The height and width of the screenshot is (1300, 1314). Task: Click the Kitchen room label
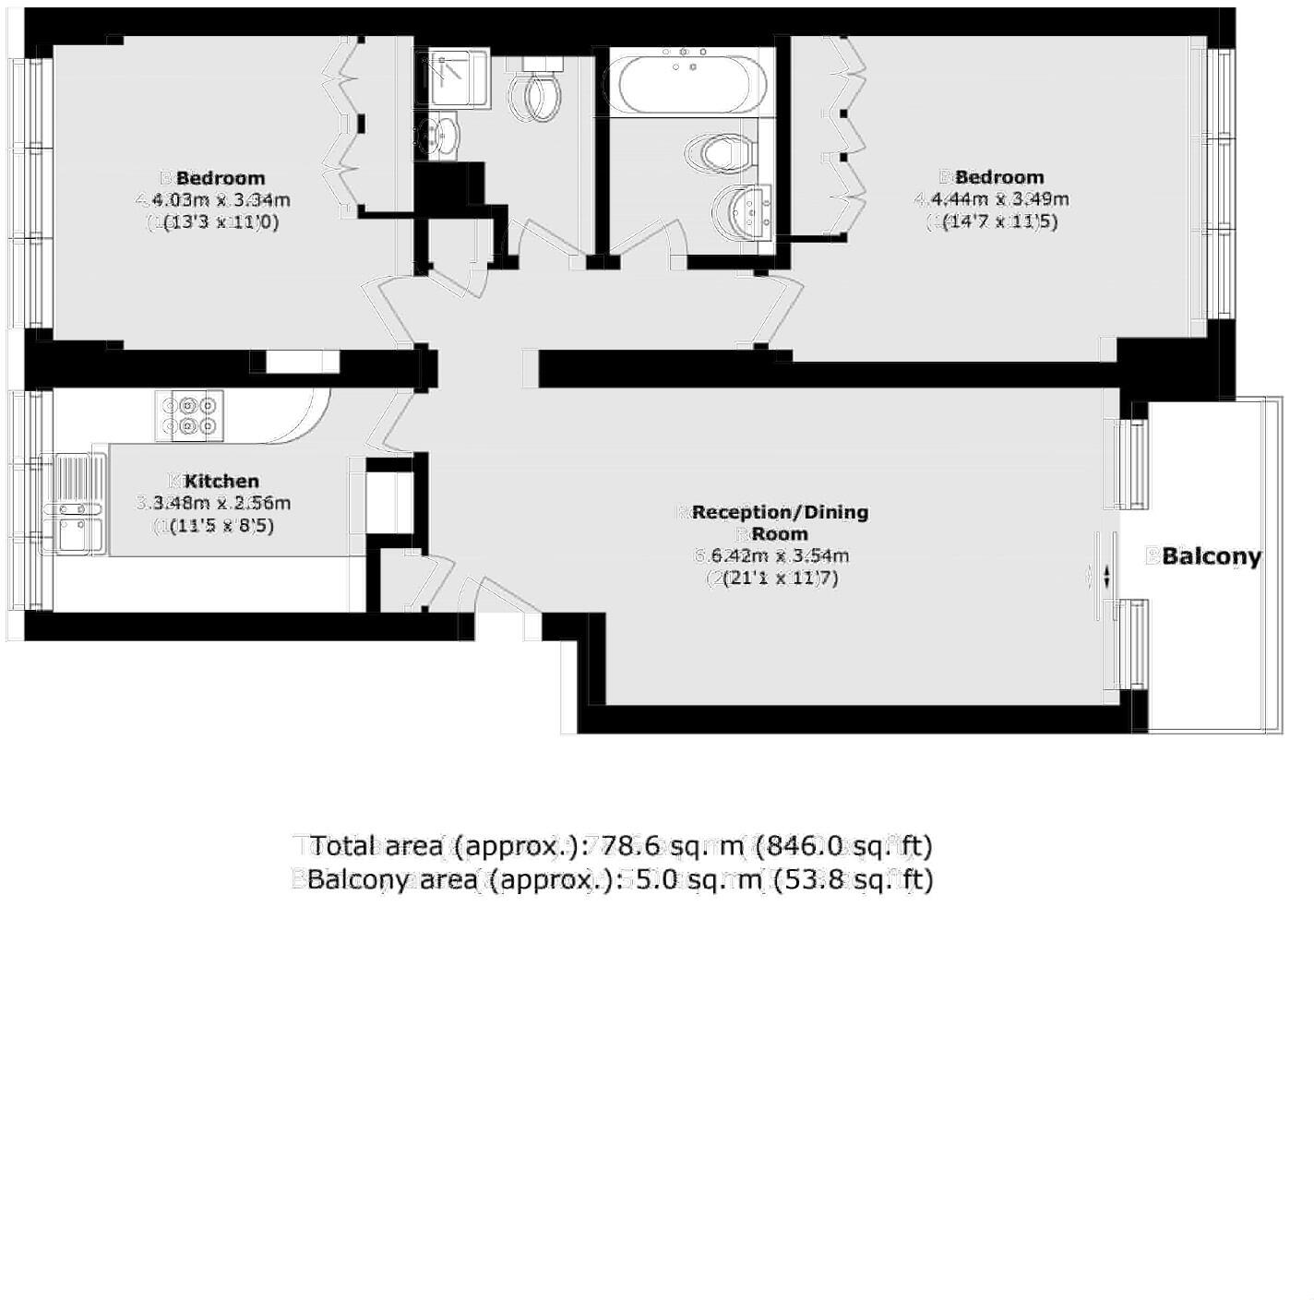click(221, 481)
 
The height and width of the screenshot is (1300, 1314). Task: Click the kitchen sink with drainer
click(73, 506)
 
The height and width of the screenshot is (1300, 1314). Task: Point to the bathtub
click(690, 84)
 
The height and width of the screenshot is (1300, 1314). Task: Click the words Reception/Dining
click(780, 512)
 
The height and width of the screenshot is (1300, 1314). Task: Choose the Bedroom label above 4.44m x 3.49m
click(999, 176)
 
